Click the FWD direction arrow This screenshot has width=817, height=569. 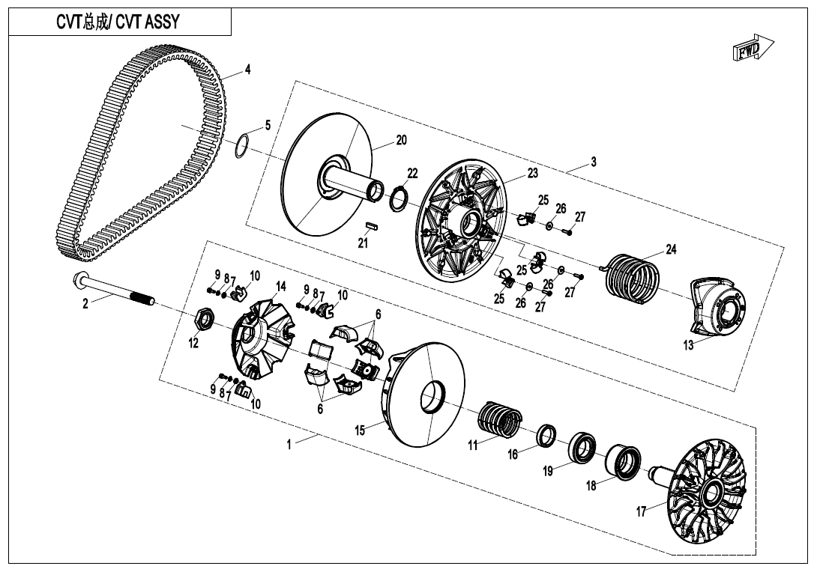750,50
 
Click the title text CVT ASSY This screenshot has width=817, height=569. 118,22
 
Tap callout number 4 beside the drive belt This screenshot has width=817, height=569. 247,70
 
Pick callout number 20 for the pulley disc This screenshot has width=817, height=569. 401,140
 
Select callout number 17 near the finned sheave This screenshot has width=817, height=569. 641,512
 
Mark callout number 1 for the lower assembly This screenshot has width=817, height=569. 289,444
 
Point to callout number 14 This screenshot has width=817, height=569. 281,286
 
